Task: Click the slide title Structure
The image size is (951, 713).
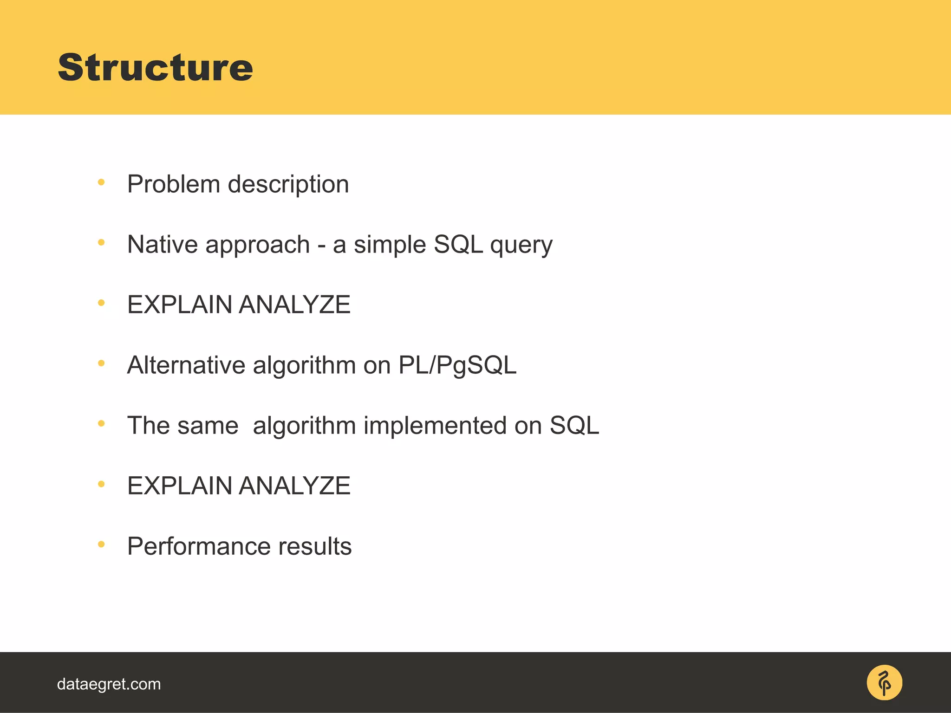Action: coord(155,68)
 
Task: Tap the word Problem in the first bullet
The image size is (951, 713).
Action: coord(173,184)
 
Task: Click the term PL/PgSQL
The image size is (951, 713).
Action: coord(457,365)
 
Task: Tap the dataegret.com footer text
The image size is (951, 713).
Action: coord(109,684)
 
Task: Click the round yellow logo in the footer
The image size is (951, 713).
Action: coord(884,682)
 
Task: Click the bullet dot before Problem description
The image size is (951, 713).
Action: coord(101,182)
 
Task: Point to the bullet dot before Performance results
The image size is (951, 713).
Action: coord(101,544)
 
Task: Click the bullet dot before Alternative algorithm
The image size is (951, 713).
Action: coord(101,363)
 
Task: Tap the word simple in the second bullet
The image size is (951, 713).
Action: coord(390,245)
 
